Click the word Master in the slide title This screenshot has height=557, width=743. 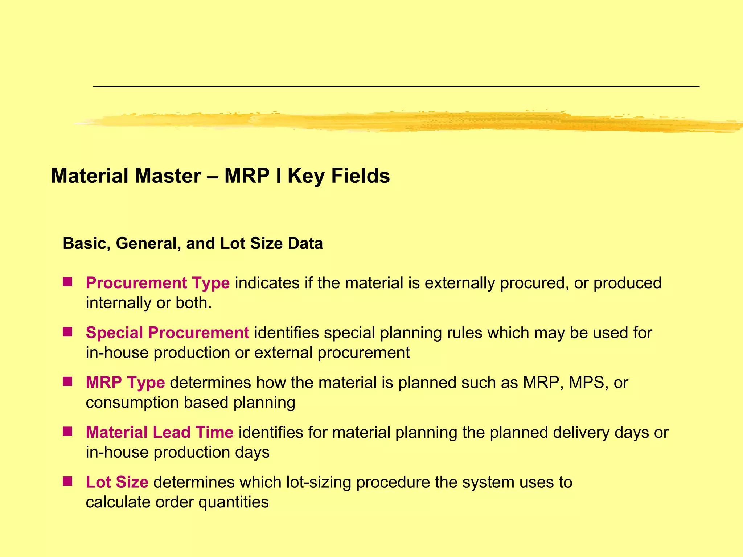tap(168, 176)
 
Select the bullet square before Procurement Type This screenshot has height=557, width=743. tap(67, 282)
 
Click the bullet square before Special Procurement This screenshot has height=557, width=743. tap(67, 332)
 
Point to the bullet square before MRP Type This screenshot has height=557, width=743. tap(67, 381)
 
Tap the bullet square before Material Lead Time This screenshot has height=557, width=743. tap(67, 431)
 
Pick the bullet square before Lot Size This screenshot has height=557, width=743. tap(67, 481)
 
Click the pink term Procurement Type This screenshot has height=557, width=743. tap(157, 283)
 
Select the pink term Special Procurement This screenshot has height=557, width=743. tap(167, 333)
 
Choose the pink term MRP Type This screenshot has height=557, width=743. tap(125, 383)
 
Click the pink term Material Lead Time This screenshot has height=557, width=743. tap(159, 432)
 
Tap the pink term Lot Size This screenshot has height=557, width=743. tap(117, 482)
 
